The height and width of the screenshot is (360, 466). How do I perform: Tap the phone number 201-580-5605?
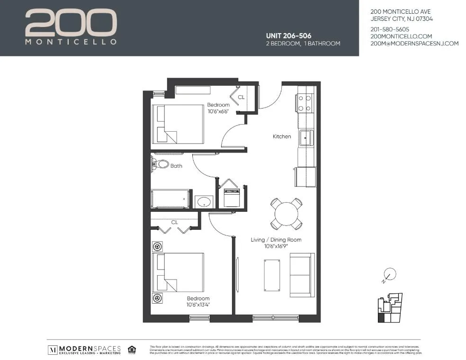390,29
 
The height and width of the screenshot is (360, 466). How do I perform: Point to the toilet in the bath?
160,165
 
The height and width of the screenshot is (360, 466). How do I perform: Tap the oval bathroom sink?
204,202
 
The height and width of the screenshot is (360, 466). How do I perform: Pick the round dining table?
286,213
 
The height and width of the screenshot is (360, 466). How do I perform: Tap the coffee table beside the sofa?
272,275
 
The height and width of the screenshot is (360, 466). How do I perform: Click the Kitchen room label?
282,136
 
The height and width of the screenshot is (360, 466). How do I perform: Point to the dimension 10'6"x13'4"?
198,305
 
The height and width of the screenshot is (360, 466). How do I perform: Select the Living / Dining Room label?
276,240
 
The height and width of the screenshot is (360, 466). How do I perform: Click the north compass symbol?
389,274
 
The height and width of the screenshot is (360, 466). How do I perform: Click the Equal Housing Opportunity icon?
132,350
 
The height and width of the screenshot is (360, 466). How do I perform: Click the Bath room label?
176,166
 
